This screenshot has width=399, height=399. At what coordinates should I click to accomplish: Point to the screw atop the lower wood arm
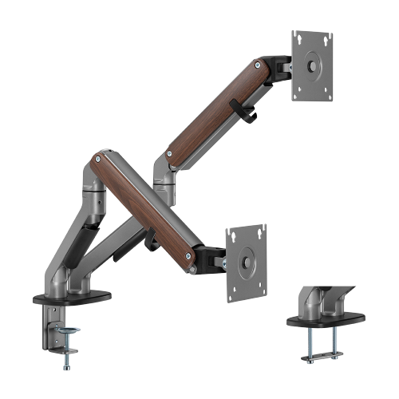tap(99, 159)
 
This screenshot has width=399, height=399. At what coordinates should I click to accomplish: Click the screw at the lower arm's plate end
tap(188, 255)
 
